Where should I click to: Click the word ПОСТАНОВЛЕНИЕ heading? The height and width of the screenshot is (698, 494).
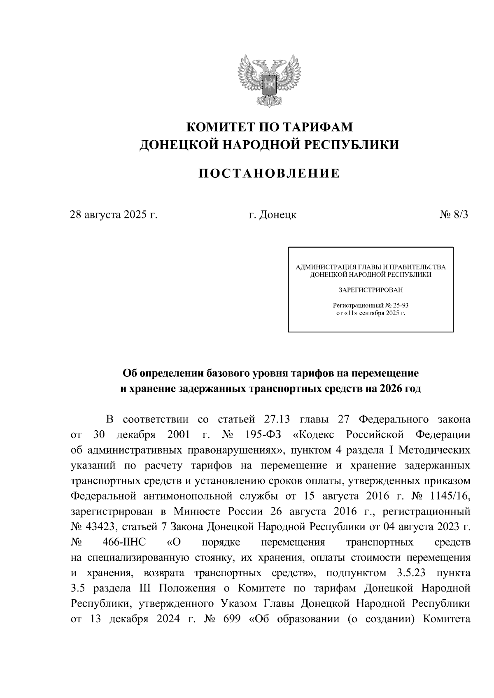point(270,174)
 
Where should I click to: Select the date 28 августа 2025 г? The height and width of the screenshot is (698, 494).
point(114,215)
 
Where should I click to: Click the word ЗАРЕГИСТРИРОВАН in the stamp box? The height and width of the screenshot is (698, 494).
point(370,290)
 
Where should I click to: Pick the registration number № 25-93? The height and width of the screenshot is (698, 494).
point(396,306)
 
